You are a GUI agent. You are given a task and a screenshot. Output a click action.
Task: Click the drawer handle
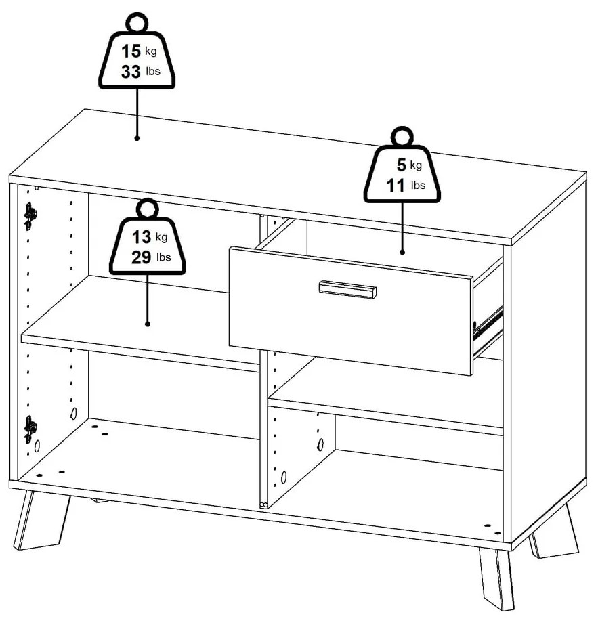click(x=347, y=289)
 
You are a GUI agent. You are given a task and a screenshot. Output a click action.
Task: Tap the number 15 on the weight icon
click(x=131, y=51)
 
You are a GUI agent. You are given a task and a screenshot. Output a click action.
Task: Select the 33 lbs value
click(x=141, y=72)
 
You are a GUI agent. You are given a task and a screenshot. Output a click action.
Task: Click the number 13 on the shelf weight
click(x=142, y=237)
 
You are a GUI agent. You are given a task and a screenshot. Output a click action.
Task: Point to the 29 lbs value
click(x=152, y=257)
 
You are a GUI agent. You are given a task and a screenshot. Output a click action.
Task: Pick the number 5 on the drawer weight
click(x=402, y=165)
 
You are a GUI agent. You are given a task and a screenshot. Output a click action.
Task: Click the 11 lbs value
click(x=406, y=185)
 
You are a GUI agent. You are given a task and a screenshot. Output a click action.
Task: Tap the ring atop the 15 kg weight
click(x=137, y=22)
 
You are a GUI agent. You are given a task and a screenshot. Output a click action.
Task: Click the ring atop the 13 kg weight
click(x=148, y=209)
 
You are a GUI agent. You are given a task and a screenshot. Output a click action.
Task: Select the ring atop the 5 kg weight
click(x=402, y=137)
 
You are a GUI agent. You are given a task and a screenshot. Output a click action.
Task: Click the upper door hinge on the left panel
click(x=30, y=216)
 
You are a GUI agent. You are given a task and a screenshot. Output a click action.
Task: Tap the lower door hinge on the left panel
click(x=30, y=429)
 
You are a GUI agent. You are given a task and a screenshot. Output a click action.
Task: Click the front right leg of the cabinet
click(x=496, y=579)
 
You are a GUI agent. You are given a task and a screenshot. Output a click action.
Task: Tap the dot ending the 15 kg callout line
click(x=137, y=138)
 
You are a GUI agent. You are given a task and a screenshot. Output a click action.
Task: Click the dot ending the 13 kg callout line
click(x=148, y=324)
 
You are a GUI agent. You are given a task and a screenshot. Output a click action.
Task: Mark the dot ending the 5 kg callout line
click(x=402, y=252)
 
